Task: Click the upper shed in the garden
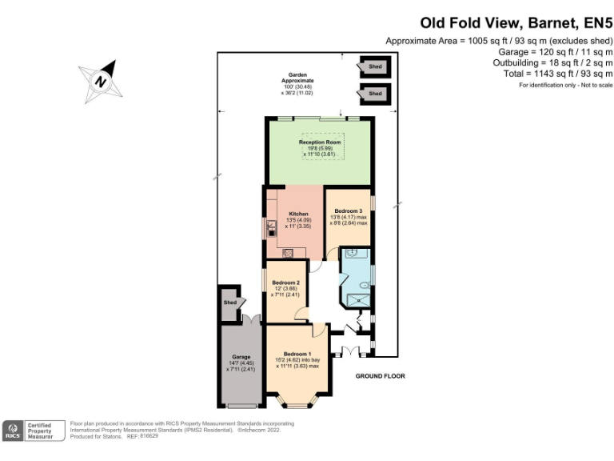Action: click(374, 67)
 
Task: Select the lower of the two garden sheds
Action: click(374, 94)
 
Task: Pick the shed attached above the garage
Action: click(230, 302)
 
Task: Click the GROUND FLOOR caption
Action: click(381, 375)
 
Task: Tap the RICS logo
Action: click(14, 431)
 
